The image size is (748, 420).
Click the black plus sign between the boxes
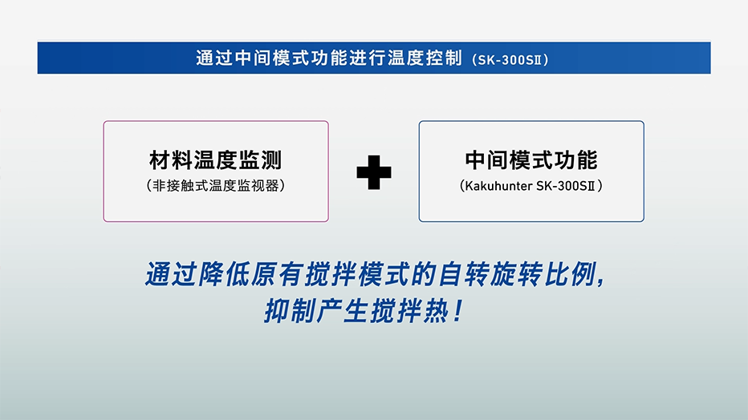click(373, 172)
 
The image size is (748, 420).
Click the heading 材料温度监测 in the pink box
click(216, 160)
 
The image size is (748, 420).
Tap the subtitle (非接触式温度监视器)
click(216, 185)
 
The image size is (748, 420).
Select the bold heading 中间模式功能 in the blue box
click(531, 160)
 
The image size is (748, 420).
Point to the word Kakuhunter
click(498, 186)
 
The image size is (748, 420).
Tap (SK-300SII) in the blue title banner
click(510, 60)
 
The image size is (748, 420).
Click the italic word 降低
click(223, 274)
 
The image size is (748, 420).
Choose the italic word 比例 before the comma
click(570, 274)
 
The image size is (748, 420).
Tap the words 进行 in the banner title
click(368, 58)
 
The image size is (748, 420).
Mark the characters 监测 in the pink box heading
click(261, 160)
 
